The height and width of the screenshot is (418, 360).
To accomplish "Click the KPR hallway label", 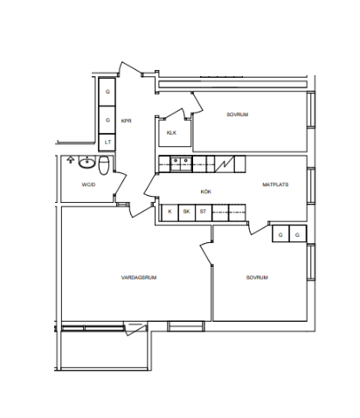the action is coord(126,121).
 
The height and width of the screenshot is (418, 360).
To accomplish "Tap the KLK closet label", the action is coord(171,133).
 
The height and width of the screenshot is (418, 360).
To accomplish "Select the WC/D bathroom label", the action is coord(89,185).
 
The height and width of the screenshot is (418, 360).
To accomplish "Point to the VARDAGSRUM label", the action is coord(139,277).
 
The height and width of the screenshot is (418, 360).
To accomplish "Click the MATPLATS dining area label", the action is coord(275,185).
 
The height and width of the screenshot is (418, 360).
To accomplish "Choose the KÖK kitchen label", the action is coord(206,192).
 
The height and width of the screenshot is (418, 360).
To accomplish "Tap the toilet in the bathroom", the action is coord(104,165).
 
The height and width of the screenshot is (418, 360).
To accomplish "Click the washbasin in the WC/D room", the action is coord(87,163).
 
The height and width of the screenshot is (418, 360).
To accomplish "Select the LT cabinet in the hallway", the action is coord(107,143).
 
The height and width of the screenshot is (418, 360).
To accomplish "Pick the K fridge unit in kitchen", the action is coord(170,212).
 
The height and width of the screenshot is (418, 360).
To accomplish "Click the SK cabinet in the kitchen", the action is coord(186,212).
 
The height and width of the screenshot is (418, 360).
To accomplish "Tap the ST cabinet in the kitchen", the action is coord(204,212).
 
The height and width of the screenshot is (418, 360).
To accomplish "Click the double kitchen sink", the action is coord(181,164).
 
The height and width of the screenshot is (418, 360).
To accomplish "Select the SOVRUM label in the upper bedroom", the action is coord(238,115).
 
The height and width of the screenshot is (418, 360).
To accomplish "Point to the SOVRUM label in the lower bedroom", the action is coord(257,277).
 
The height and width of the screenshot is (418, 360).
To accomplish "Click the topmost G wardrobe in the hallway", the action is coord(107,92).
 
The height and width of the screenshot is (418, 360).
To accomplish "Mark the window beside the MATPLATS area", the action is coord(311,185).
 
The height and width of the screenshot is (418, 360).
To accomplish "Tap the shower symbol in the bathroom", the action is coord(70,159).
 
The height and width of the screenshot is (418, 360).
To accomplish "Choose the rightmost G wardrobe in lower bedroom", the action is coord(298,233).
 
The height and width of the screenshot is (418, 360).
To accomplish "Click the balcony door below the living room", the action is coord(135,329).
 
